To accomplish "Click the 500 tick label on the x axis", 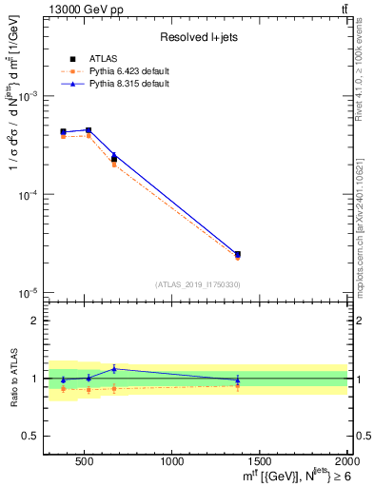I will [x=84, y=462].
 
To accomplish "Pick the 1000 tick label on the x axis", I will [x=172, y=462].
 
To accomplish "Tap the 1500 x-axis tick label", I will [x=260, y=462].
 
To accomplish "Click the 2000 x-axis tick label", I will [x=346, y=462].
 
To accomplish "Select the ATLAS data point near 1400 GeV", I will [x=237, y=254].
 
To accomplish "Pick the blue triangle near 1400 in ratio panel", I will [x=237, y=380].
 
